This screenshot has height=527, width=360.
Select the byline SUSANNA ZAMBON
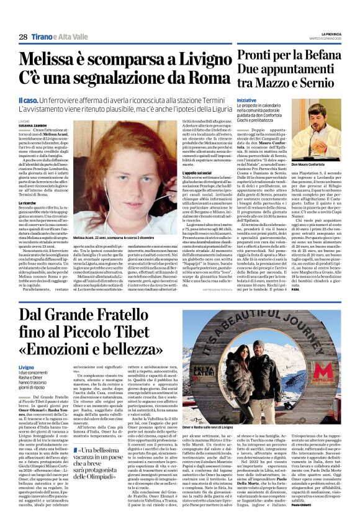33,126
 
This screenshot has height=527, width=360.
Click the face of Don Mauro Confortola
316,135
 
